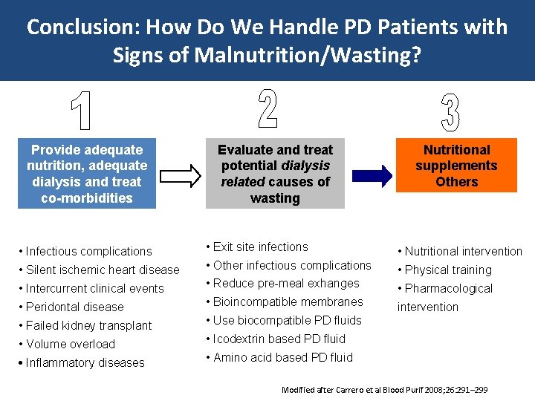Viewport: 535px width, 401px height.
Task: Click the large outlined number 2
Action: pyautogui.click(x=268, y=108)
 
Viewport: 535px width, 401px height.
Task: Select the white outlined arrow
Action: pyautogui.click(x=181, y=175)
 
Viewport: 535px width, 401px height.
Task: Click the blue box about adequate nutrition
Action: pyautogui.click(x=87, y=174)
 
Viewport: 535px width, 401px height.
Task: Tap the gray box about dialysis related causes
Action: pyautogui.click(x=275, y=174)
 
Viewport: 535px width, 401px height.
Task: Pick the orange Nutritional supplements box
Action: pyautogui.click(x=456, y=166)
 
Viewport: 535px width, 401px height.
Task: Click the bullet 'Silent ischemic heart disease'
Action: pyautogui.click(x=103, y=270)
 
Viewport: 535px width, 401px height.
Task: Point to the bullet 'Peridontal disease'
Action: pyautogui.click(x=74, y=307)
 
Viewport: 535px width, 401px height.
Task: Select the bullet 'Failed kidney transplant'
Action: pyautogui.click(x=88, y=325)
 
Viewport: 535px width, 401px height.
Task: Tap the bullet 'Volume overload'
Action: pyautogui.click(x=71, y=344)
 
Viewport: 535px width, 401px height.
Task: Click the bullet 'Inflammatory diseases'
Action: pyautogui.click(x=85, y=362)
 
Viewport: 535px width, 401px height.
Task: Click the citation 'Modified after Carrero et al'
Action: pyautogui.click(x=385, y=390)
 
